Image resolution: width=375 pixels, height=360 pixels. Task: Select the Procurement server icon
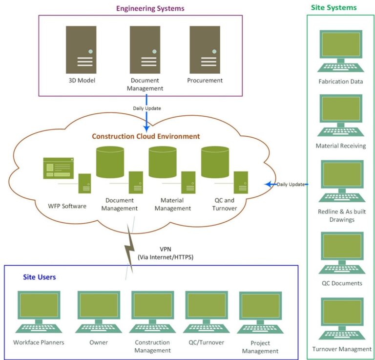pyautogui.click(x=205, y=49)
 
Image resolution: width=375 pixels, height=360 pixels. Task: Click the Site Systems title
pyautogui.click(x=333, y=8)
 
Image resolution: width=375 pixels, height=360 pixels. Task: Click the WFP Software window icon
pyautogui.click(x=58, y=169)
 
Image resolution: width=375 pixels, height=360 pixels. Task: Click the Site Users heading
pyautogui.click(x=39, y=277)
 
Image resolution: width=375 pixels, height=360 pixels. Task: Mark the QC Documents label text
pyautogui.click(x=341, y=283)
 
